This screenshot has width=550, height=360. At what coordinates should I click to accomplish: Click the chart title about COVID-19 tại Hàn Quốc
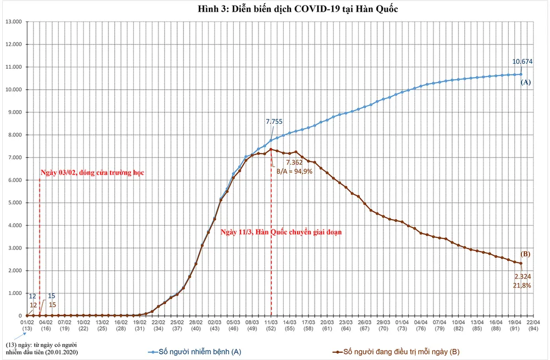[290, 9]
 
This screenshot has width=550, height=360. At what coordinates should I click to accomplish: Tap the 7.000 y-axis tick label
[13, 157]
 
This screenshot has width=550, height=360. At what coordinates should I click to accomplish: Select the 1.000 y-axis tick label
[13, 293]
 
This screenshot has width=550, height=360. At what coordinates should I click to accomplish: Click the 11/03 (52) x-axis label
[271, 325]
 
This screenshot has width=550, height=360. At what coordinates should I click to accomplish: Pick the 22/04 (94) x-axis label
[533, 325]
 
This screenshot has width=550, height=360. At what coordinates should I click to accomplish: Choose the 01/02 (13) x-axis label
[28, 325]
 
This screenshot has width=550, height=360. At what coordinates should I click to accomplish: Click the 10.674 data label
[522, 62]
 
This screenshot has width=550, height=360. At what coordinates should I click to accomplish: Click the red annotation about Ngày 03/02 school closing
[92, 173]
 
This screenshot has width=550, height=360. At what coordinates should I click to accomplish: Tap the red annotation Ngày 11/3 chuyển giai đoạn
[281, 232]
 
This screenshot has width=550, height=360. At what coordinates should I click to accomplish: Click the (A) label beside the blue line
[525, 82]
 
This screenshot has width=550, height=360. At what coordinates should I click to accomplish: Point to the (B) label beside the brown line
[525, 254]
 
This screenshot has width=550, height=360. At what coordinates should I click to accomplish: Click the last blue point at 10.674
[520, 74]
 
